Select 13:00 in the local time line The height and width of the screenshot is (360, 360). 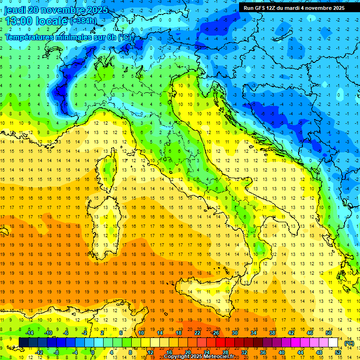click(x=18, y=21)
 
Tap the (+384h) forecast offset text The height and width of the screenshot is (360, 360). click(x=83, y=21)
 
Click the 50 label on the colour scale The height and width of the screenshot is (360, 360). click(x=328, y=332)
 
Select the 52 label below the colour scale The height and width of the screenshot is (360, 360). click(x=337, y=352)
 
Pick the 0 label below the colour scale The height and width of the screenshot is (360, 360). click(x=93, y=352)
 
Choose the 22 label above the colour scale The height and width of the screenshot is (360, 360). click(x=197, y=332)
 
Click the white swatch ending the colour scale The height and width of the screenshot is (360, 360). click(x=333, y=342)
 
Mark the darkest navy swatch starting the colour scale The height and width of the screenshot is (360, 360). click(x=23, y=342)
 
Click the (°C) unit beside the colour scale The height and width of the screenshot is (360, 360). click(x=349, y=343)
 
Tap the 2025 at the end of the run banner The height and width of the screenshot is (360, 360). click(x=338, y=8)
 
